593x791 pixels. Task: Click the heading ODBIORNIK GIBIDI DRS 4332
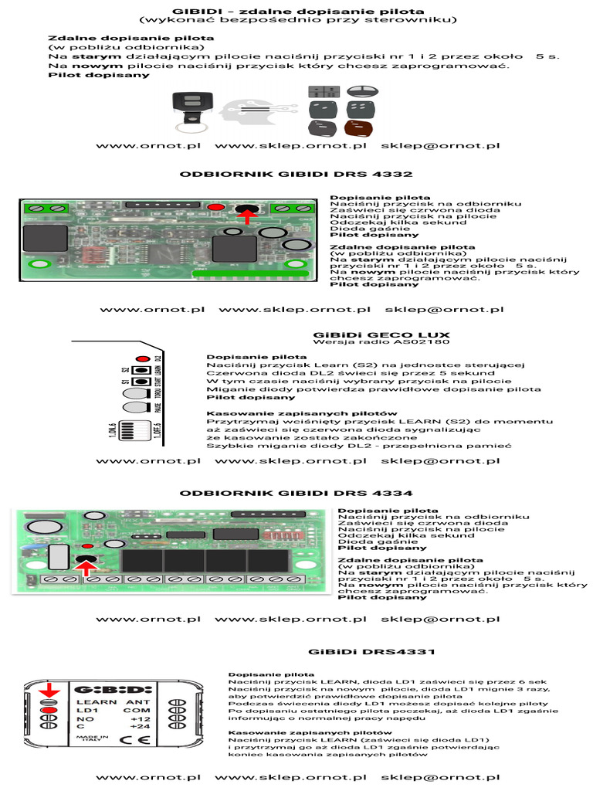(296, 174)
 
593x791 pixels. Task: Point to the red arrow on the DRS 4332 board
(247, 216)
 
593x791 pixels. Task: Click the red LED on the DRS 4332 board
(216, 207)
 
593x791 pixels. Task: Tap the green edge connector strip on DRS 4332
(250, 274)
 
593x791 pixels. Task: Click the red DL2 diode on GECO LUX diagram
(143, 358)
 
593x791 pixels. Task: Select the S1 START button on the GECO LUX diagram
(141, 382)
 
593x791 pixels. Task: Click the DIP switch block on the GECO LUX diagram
(134, 429)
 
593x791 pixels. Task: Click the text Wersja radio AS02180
(381, 341)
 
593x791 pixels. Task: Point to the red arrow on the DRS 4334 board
(87, 569)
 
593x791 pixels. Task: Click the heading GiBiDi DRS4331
(371, 652)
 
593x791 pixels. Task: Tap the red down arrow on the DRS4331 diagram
(49, 689)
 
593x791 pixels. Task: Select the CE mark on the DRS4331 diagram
(135, 739)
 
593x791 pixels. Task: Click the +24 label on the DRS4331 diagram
(141, 726)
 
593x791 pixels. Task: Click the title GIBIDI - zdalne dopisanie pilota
(298, 11)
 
